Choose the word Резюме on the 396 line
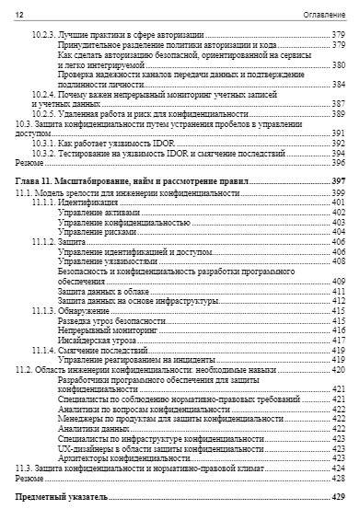[29, 162]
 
